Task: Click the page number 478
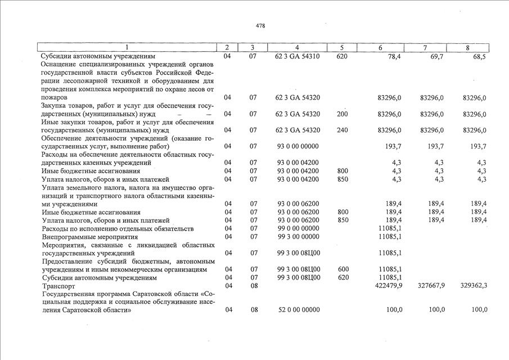pos(260,26)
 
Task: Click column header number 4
pos(297,48)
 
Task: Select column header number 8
pos(467,48)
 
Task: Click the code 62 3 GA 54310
pos(298,57)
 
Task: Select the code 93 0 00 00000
pos(298,146)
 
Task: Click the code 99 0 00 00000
pos(298,228)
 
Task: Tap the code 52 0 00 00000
pos(298,310)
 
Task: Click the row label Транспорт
pos(59,286)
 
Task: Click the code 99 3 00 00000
pos(298,237)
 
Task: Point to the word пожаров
pos(54,98)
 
